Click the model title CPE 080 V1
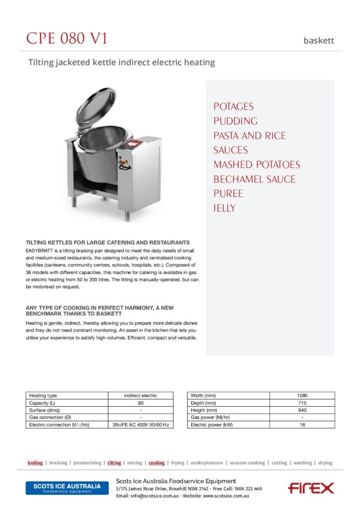tap(67, 39)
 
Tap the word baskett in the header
tap(319, 41)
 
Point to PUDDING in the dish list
tap(235, 121)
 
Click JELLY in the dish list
tap(225, 208)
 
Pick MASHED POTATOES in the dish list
tap(257, 165)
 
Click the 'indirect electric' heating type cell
tap(141, 396)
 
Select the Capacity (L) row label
tap(42, 403)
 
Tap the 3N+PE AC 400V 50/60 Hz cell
tap(141, 425)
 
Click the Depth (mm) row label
tap(203, 403)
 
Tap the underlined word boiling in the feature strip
tap(35, 463)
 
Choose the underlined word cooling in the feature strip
tap(157, 463)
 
